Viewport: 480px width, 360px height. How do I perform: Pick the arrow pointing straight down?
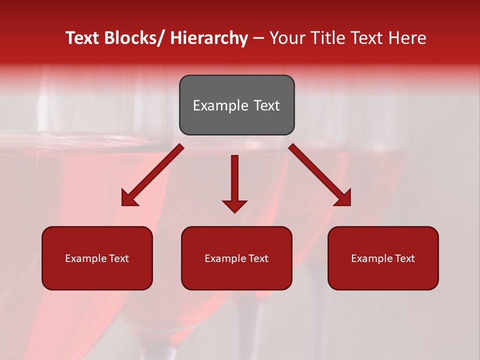[x=234, y=180]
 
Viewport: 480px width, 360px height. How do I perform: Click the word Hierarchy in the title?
[x=209, y=38]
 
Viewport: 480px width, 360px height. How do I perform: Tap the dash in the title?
[x=258, y=38]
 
